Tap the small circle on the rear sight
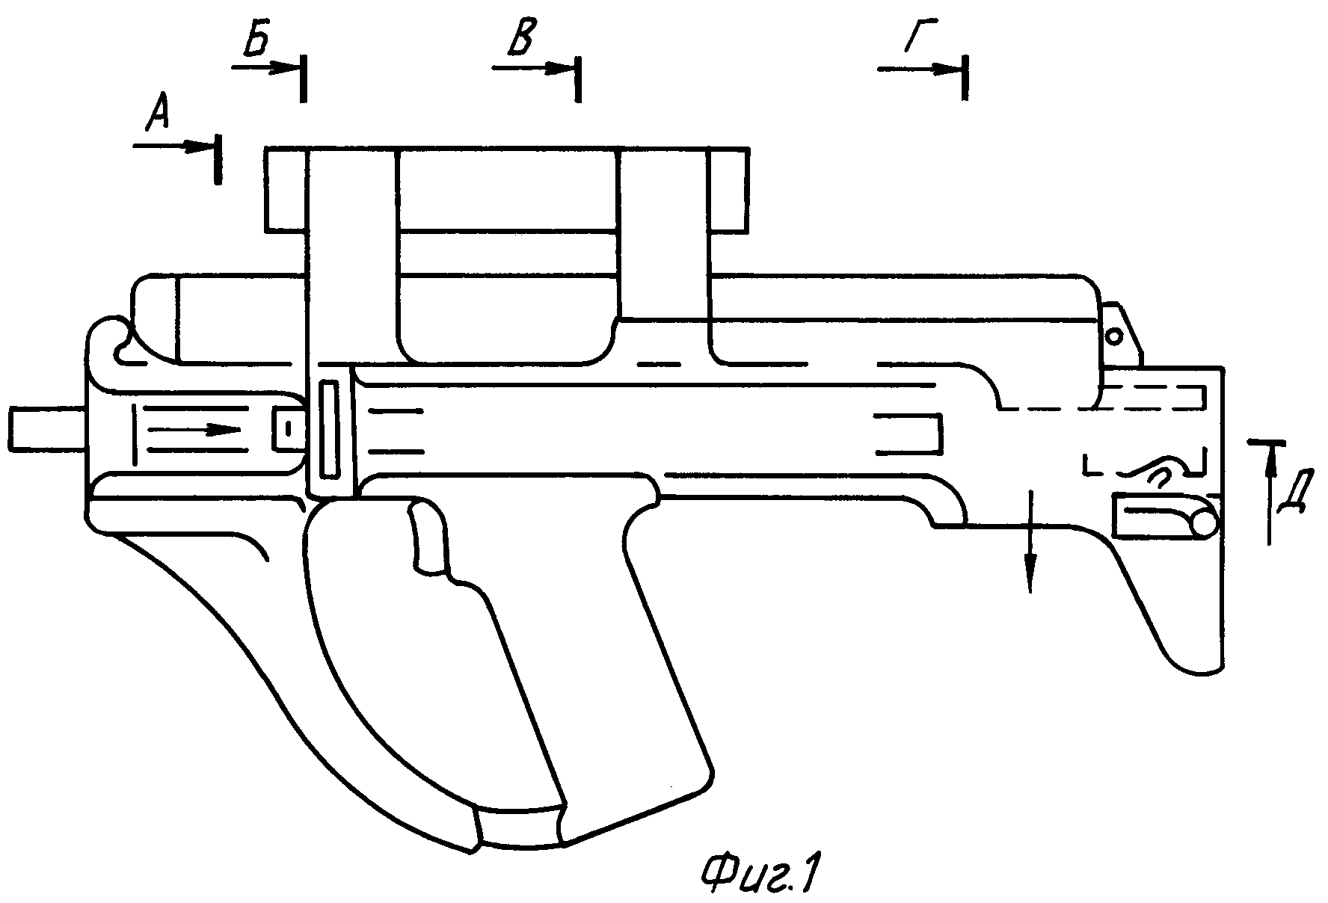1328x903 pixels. [x=1113, y=336]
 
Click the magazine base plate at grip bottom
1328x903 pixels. [x=520, y=825]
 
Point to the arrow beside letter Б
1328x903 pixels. [x=265, y=67]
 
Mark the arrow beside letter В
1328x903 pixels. [x=533, y=67]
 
